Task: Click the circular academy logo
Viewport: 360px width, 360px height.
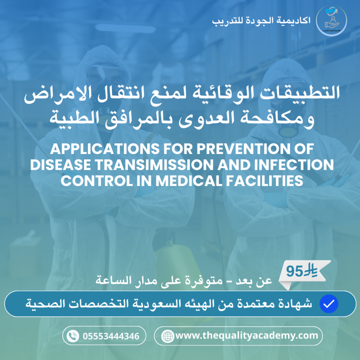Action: [331, 20]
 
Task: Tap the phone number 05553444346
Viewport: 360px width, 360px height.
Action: [111, 336]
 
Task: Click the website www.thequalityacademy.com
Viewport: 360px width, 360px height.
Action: [246, 335]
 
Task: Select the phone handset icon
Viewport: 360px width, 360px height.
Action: [73, 336]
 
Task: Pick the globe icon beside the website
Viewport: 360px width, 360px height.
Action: [168, 336]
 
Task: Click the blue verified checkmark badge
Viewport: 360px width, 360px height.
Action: [329, 304]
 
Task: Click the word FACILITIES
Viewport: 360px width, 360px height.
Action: [264, 181]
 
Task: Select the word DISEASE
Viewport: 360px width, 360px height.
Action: [60, 165]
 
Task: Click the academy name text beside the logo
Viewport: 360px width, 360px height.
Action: [261, 21]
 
